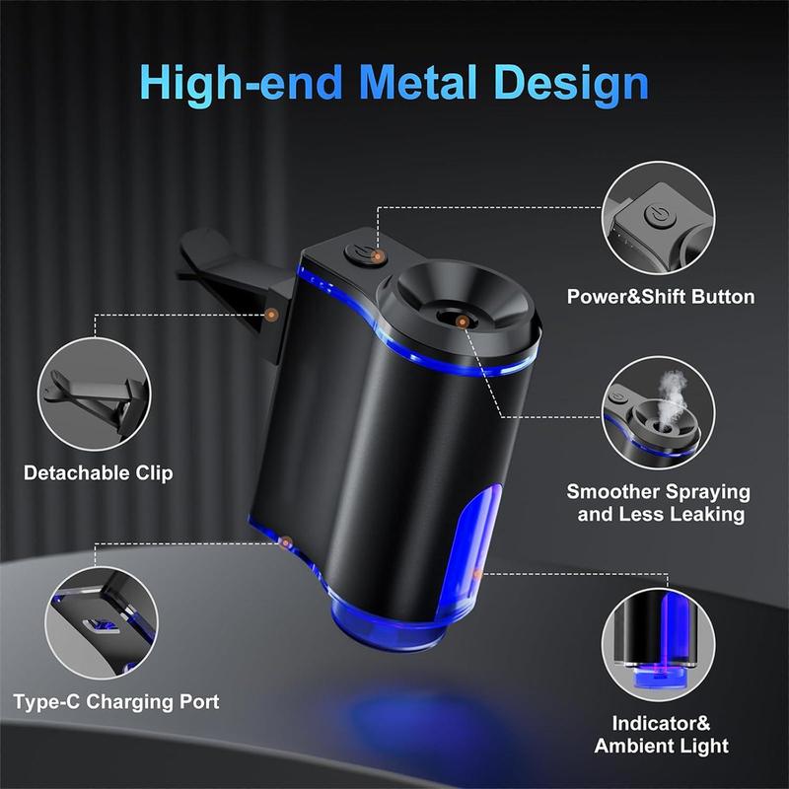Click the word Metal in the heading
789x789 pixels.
coord(418,82)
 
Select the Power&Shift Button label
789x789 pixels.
coord(661,297)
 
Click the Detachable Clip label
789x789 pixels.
coord(98,473)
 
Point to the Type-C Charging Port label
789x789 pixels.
coord(116,701)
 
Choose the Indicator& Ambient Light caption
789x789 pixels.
coord(661,734)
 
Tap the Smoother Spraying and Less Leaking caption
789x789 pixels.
coord(659,503)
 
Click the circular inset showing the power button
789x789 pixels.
coord(658,218)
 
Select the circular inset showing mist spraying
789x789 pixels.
coord(658,413)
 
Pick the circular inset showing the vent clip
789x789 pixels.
coord(94,394)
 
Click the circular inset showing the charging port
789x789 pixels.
coord(102,623)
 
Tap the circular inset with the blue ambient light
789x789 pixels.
coord(658,645)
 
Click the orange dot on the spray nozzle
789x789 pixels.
coord(462,322)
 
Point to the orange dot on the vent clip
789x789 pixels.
coord(272,315)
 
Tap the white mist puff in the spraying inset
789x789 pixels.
coord(673,397)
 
